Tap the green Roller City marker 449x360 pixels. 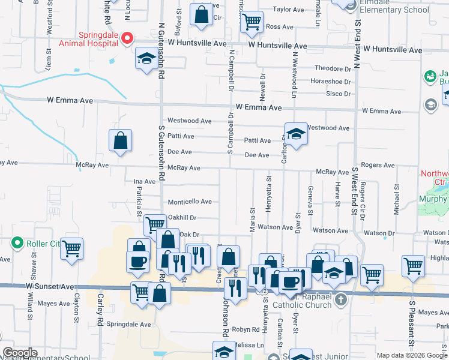tap(17, 244)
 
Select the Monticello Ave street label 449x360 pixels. tap(189, 202)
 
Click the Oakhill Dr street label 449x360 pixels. tap(182, 218)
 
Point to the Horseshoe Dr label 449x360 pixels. tap(330, 82)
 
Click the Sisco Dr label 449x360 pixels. tap(338, 94)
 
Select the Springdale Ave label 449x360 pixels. tap(129, 324)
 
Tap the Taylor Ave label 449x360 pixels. tap(289, 10)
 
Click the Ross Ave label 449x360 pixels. tap(279, 27)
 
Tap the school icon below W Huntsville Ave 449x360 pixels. tap(145, 58)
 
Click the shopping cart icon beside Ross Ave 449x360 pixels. tap(252, 22)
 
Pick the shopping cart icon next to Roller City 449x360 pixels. tap(72, 247)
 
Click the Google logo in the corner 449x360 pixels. tap(20, 353)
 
